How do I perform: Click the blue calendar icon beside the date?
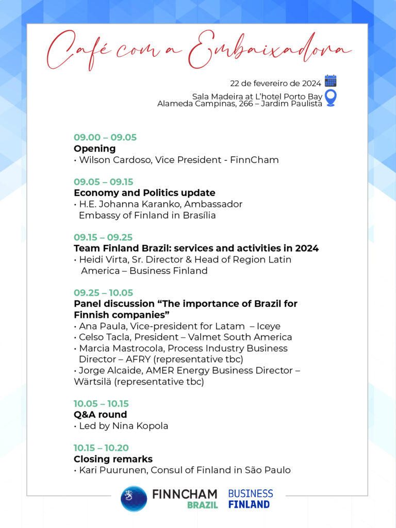331,81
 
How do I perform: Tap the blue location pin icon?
331,98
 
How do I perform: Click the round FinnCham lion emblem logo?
134,498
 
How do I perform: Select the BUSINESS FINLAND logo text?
250,498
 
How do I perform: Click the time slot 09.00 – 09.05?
105,137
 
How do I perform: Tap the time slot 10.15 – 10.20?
101,448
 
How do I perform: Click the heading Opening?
94,148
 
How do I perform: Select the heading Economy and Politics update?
144,193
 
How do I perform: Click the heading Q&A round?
100,415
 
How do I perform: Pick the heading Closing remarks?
113,459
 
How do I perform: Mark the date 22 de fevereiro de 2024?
276,84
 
